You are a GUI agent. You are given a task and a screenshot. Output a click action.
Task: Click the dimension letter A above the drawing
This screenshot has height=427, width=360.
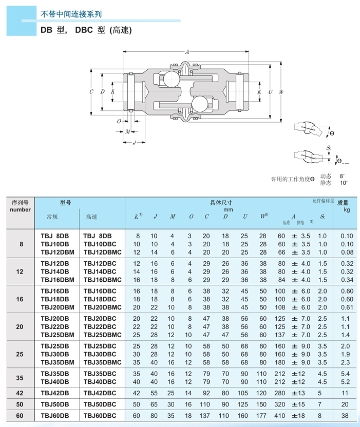(x=187, y=52)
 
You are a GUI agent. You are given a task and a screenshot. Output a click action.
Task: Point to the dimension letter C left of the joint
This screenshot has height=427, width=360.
(x=91, y=92)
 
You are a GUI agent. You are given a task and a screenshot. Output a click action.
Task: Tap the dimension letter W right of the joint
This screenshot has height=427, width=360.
(x=281, y=92)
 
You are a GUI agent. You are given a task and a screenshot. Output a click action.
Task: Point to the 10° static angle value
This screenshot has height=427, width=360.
(x=343, y=183)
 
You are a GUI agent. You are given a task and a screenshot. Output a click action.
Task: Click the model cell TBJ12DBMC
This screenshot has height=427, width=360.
(x=103, y=252)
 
